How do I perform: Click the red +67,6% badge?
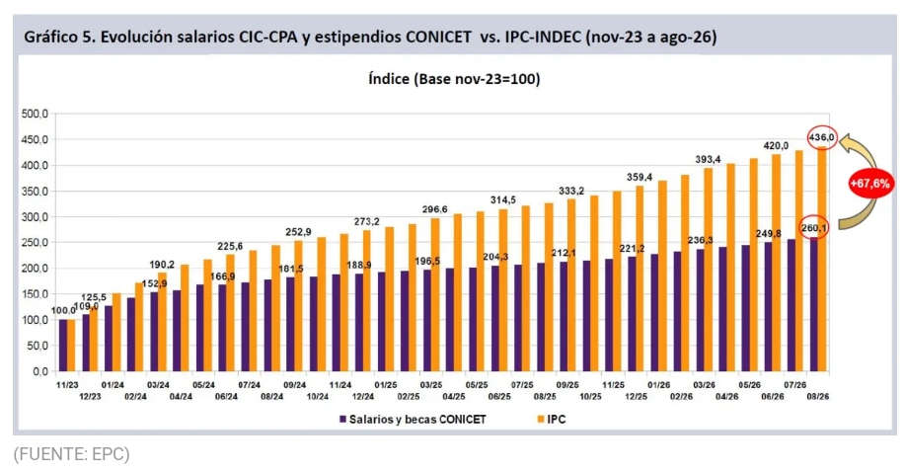point(869,184)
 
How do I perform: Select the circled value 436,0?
point(821,137)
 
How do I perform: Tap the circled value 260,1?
point(814,228)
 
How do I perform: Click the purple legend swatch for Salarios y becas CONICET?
point(342,420)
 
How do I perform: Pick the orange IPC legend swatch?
point(540,420)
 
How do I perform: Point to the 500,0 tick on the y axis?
point(35,114)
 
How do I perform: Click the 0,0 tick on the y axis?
point(39,371)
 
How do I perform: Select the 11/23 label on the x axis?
point(67,385)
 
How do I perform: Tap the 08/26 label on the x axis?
point(818,396)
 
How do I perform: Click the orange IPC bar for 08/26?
point(822,259)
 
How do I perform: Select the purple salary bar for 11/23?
point(63,346)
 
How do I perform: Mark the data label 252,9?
point(298,232)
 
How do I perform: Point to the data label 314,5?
point(503,199)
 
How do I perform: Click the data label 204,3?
point(495,257)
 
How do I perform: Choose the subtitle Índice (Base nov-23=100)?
point(454,79)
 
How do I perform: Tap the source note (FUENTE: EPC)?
point(72,454)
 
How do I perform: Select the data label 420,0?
point(776,145)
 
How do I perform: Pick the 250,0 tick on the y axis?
point(35,243)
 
